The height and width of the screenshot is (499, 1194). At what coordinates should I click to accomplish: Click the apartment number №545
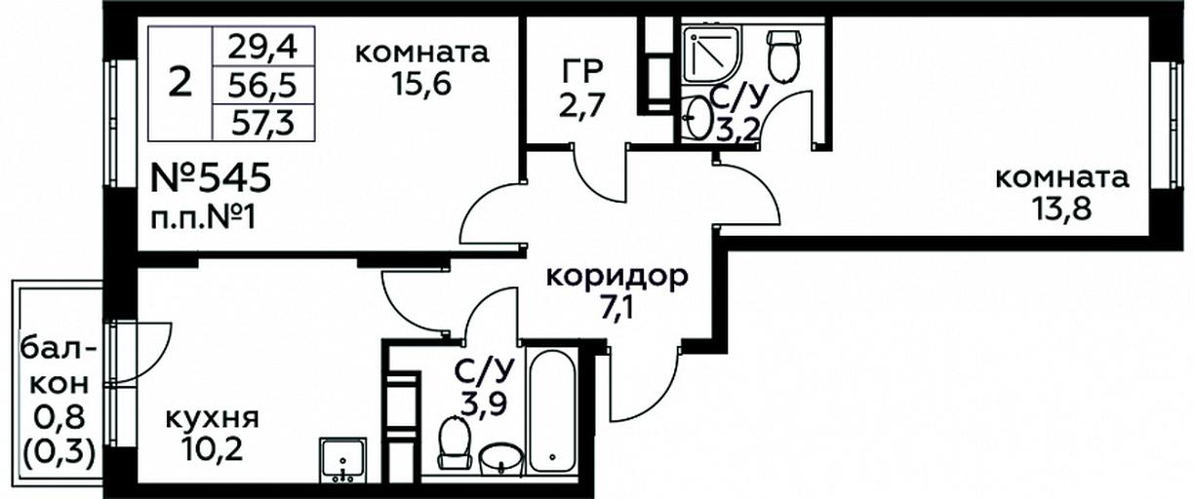pos(211,178)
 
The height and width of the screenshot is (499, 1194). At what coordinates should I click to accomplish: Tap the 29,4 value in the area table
pos(262,48)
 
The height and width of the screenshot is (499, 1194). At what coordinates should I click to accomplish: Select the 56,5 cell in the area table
pos(262,85)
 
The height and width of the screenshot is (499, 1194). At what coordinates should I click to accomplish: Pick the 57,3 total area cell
pos(262,122)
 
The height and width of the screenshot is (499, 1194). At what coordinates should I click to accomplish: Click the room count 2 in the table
pos(180,84)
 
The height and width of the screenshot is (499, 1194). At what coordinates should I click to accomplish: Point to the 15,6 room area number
pos(420,84)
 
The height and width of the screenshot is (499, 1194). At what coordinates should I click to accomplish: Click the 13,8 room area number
pos(1061,210)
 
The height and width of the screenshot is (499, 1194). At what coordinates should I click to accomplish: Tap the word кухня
pos(213,418)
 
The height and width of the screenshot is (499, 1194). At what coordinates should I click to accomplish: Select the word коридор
pos(617,277)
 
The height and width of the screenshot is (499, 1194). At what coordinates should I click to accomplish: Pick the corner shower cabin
pos(712,55)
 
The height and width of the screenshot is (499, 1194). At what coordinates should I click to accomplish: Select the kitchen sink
pos(343,460)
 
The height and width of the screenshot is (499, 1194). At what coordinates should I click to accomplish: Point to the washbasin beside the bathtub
pos(501,459)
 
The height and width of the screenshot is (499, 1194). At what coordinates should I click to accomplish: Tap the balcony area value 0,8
pos(60,419)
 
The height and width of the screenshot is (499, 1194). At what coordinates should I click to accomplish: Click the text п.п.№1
pos(203,218)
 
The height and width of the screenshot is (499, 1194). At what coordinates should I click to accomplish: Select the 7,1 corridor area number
pos(617,308)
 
